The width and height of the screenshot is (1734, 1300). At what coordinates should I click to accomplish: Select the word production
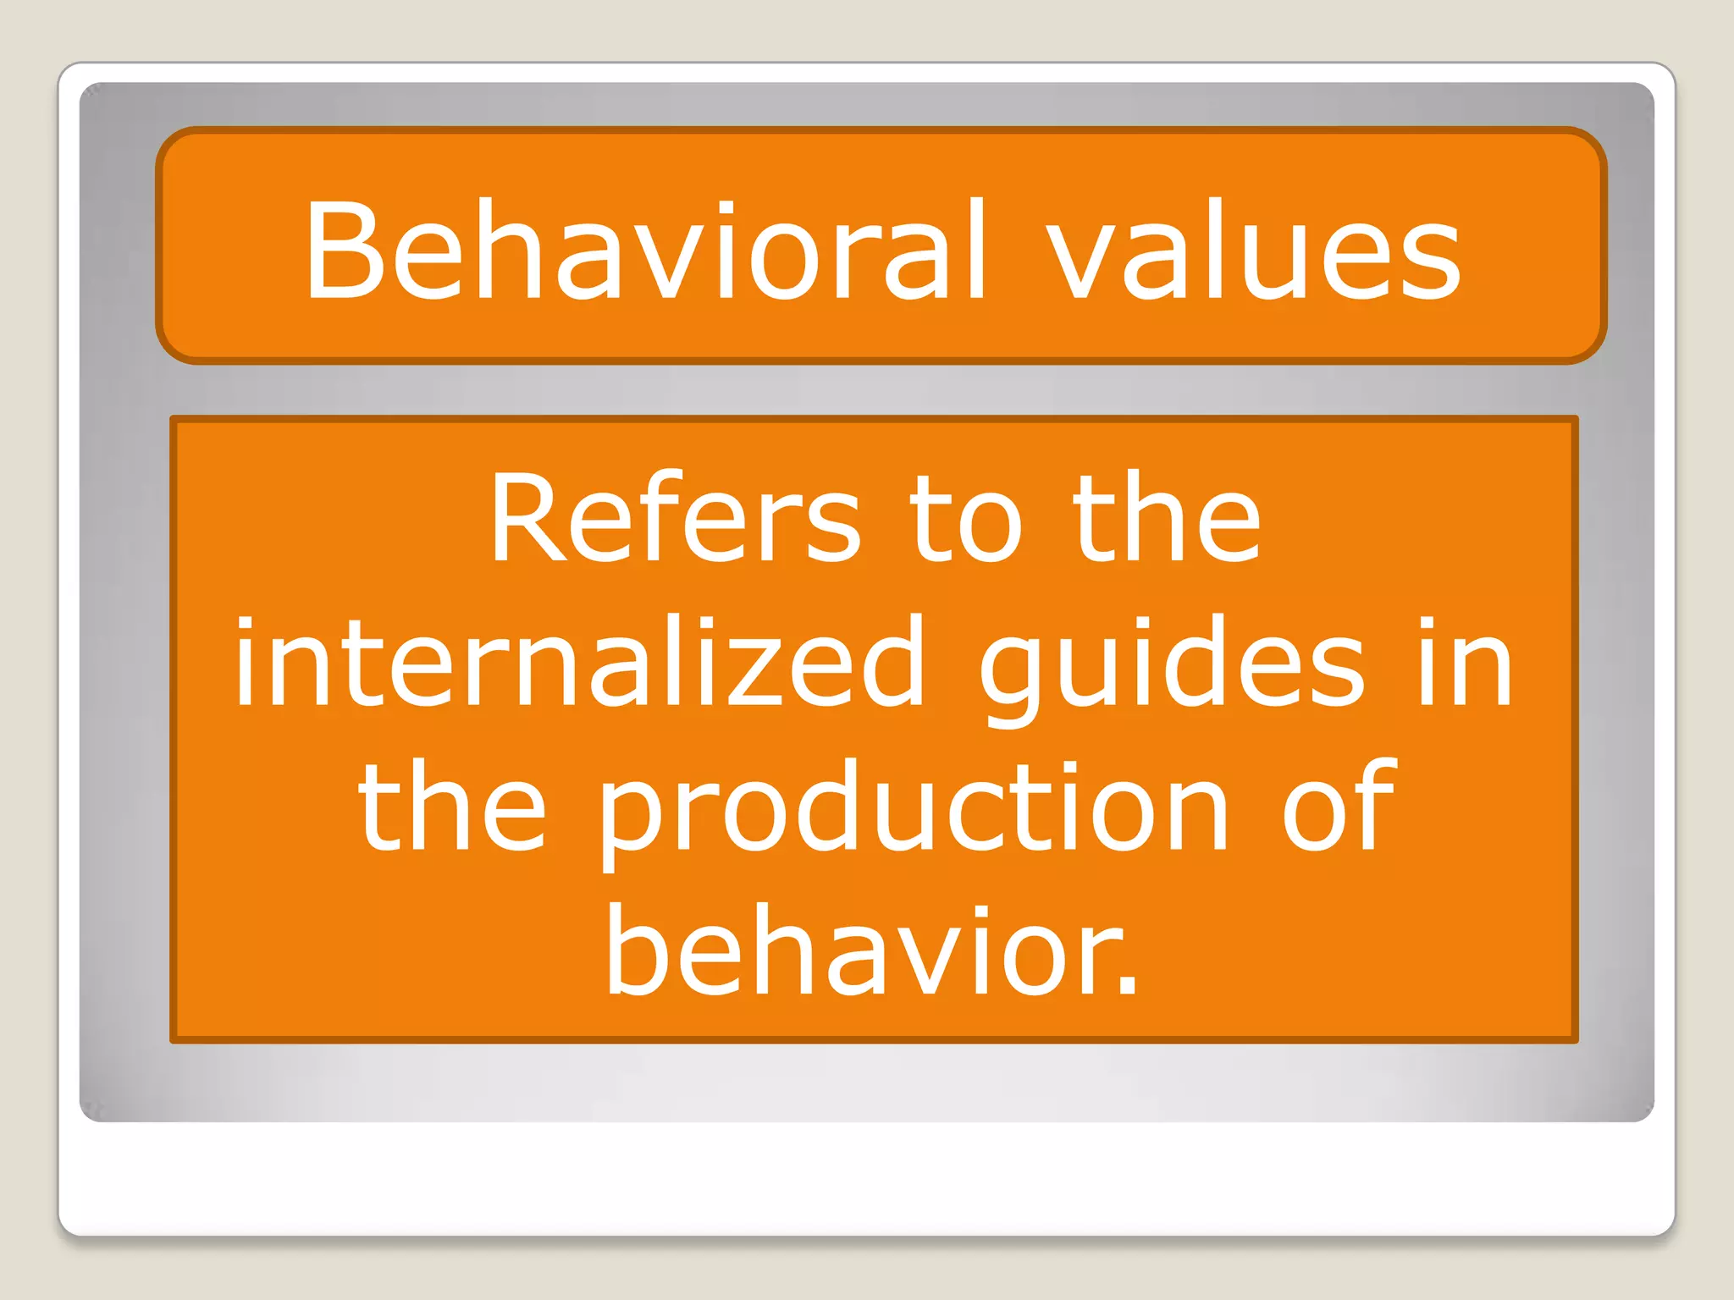coord(914,808)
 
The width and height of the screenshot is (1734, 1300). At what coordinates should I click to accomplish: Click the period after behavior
coord(1127,985)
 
